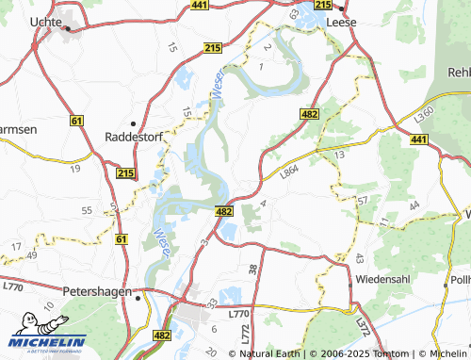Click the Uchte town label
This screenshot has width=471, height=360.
coord(46,20)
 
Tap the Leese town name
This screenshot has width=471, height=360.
coord(339,20)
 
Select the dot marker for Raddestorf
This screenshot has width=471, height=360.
coord(135,123)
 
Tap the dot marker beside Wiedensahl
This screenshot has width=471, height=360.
coord(350,282)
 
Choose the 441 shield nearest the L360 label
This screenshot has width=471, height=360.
coord(418,139)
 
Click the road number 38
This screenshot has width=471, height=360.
coord(252,270)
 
